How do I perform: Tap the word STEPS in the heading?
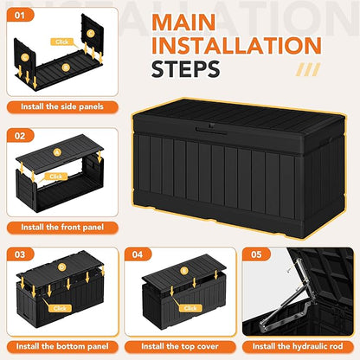pos(185,69)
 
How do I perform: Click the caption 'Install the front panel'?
pos(62,227)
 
